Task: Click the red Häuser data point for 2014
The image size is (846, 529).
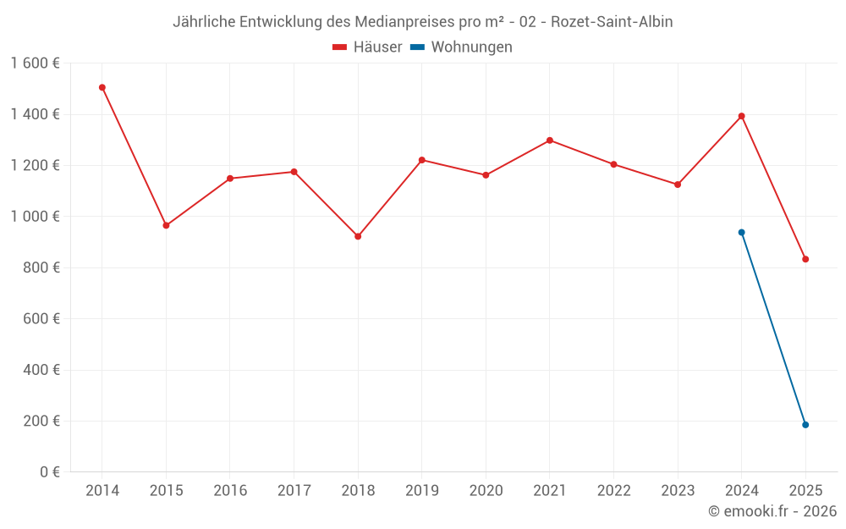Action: (x=102, y=87)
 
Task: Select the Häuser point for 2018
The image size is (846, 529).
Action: (x=358, y=236)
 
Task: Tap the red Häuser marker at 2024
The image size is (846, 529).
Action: (x=741, y=116)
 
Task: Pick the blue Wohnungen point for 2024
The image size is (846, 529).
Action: (x=741, y=232)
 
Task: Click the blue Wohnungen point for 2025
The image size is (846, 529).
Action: (x=805, y=425)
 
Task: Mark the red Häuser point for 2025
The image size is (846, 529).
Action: (x=805, y=259)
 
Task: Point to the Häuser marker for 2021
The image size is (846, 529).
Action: (x=550, y=141)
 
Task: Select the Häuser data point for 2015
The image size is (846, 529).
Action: (x=166, y=225)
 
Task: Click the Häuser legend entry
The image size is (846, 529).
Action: (x=367, y=47)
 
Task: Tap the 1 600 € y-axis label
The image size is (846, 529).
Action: (x=36, y=63)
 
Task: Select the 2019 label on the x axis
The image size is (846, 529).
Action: (x=422, y=491)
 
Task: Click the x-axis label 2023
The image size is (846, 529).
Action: (x=678, y=491)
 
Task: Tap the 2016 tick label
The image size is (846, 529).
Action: (x=230, y=491)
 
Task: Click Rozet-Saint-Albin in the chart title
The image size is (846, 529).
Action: (x=612, y=22)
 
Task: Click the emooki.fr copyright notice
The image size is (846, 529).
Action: (x=772, y=511)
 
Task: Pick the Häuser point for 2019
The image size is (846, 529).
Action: (x=422, y=160)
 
